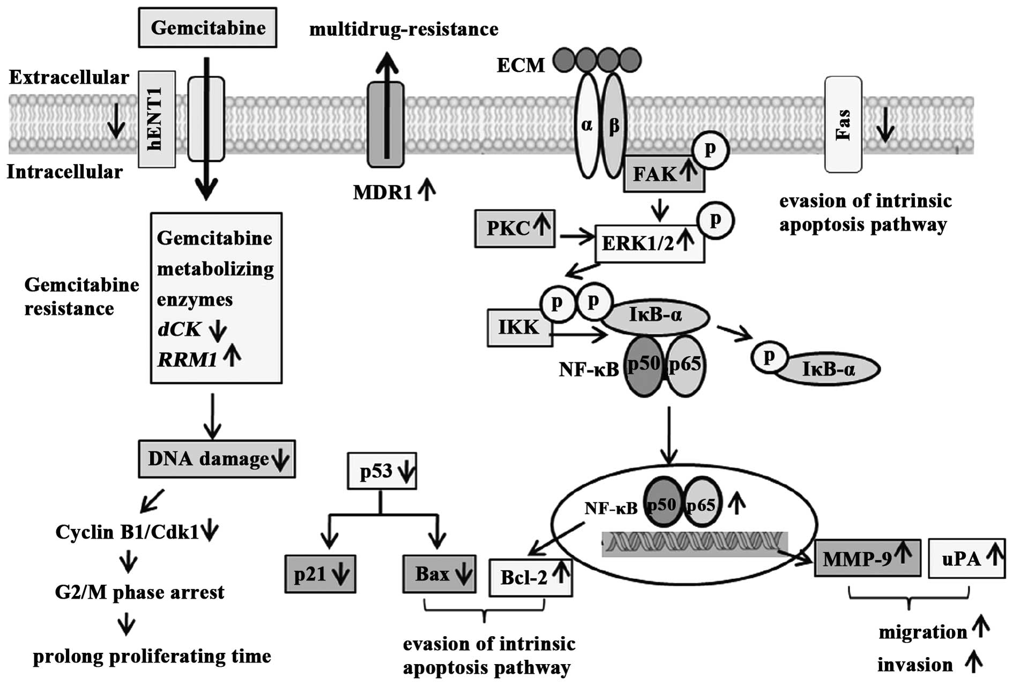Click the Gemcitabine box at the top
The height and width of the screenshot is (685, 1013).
pos(207,28)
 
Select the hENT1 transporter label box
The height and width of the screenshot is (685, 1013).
pos(157,119)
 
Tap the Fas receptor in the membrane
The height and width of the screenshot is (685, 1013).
pos(843,124)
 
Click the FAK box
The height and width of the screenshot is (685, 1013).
pos(664,174)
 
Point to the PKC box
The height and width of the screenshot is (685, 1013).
pos(515,228)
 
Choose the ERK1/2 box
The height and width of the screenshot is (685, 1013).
pos(649,243)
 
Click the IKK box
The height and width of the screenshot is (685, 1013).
pos(519,327)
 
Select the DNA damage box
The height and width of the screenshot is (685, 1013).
pos(217,459)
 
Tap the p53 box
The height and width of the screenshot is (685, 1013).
pos(382,471)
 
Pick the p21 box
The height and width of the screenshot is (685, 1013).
pos(320,574)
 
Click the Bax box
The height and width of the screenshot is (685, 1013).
pos(439,574)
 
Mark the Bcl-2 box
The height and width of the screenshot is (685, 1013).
pos(530,577)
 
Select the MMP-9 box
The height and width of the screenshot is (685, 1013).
pos(867,559)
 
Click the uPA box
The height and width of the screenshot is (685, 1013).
pos(966,559)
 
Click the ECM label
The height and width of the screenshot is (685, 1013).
pos(520,65)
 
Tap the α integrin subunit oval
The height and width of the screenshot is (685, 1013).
pos(587,125)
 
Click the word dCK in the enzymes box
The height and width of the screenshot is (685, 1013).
pos(179,329)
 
